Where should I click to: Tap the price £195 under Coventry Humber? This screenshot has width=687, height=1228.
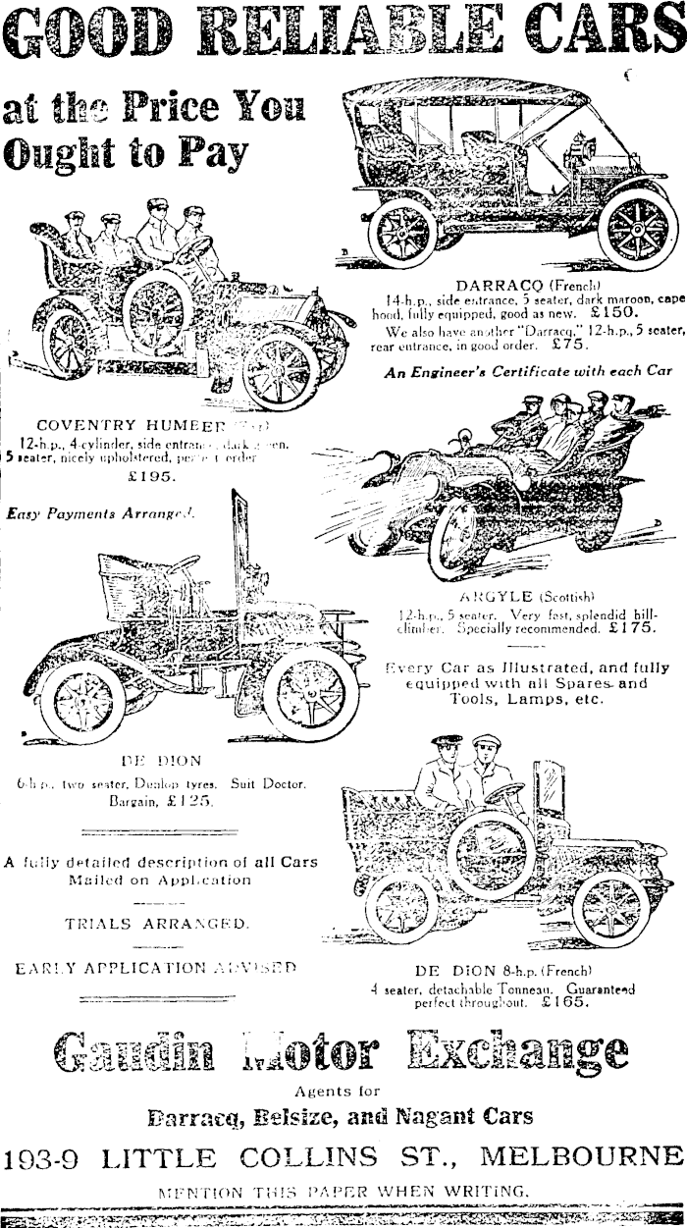point(152,477)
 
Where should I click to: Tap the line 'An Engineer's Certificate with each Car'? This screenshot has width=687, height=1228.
point(529,372)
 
